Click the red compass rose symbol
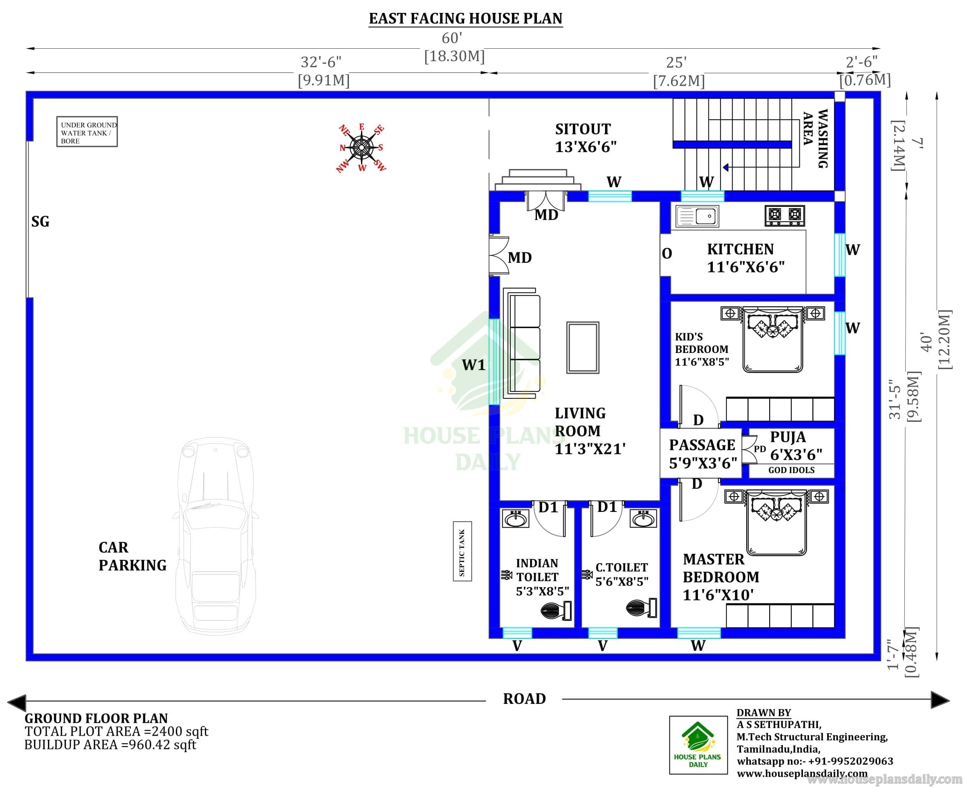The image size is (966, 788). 361,148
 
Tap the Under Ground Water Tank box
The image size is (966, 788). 87,132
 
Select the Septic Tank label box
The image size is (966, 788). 462,551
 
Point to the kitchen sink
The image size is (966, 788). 697,216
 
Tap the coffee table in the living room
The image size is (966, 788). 583,348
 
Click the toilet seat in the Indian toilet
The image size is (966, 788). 556,611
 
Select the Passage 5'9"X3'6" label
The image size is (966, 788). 703,454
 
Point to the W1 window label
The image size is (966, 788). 473,365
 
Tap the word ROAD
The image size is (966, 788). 524,699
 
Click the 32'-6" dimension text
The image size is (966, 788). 321,62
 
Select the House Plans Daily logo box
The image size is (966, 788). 698,745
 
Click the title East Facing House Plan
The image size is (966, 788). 466,19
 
